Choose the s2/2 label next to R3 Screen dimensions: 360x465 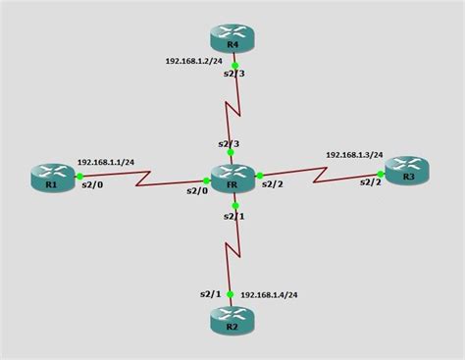click(x=370, y=181)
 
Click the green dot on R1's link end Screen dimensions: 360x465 click(x=77, y=178)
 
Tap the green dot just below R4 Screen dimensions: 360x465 click(x=234, y=66)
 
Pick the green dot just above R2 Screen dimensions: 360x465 click(x=232, y=293)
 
